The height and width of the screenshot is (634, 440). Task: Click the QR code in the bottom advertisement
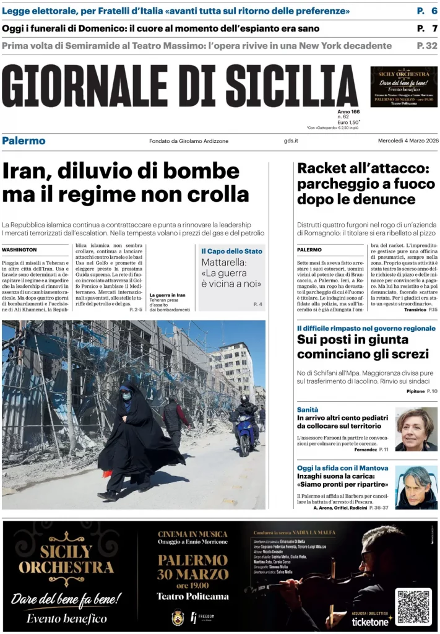(413, 607)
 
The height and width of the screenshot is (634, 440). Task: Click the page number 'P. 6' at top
(426, 12)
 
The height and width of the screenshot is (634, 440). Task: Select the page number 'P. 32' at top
(426, 45)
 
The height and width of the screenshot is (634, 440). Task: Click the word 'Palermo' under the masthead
(24, 141)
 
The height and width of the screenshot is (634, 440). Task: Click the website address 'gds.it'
(291, 141)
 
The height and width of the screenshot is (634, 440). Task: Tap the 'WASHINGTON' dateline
(19, 250)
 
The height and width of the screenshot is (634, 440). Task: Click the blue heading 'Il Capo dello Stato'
(231, 251)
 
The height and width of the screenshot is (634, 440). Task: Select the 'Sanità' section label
(308, 410)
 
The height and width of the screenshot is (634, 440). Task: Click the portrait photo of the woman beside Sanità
(416, 428)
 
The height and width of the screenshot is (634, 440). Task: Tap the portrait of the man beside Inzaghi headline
(416, 487)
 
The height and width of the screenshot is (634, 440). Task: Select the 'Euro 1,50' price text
(349, 123)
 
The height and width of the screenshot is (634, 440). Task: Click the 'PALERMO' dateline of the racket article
(309, 250)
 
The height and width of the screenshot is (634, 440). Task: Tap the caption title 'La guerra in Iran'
(167, 295)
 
